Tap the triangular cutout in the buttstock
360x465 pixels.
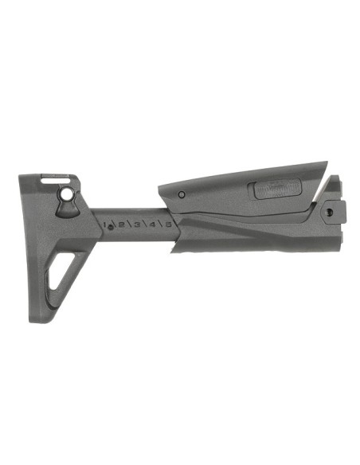[58, 271]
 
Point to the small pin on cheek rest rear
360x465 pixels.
[182, 194]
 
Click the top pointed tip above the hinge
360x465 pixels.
[335, 178]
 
